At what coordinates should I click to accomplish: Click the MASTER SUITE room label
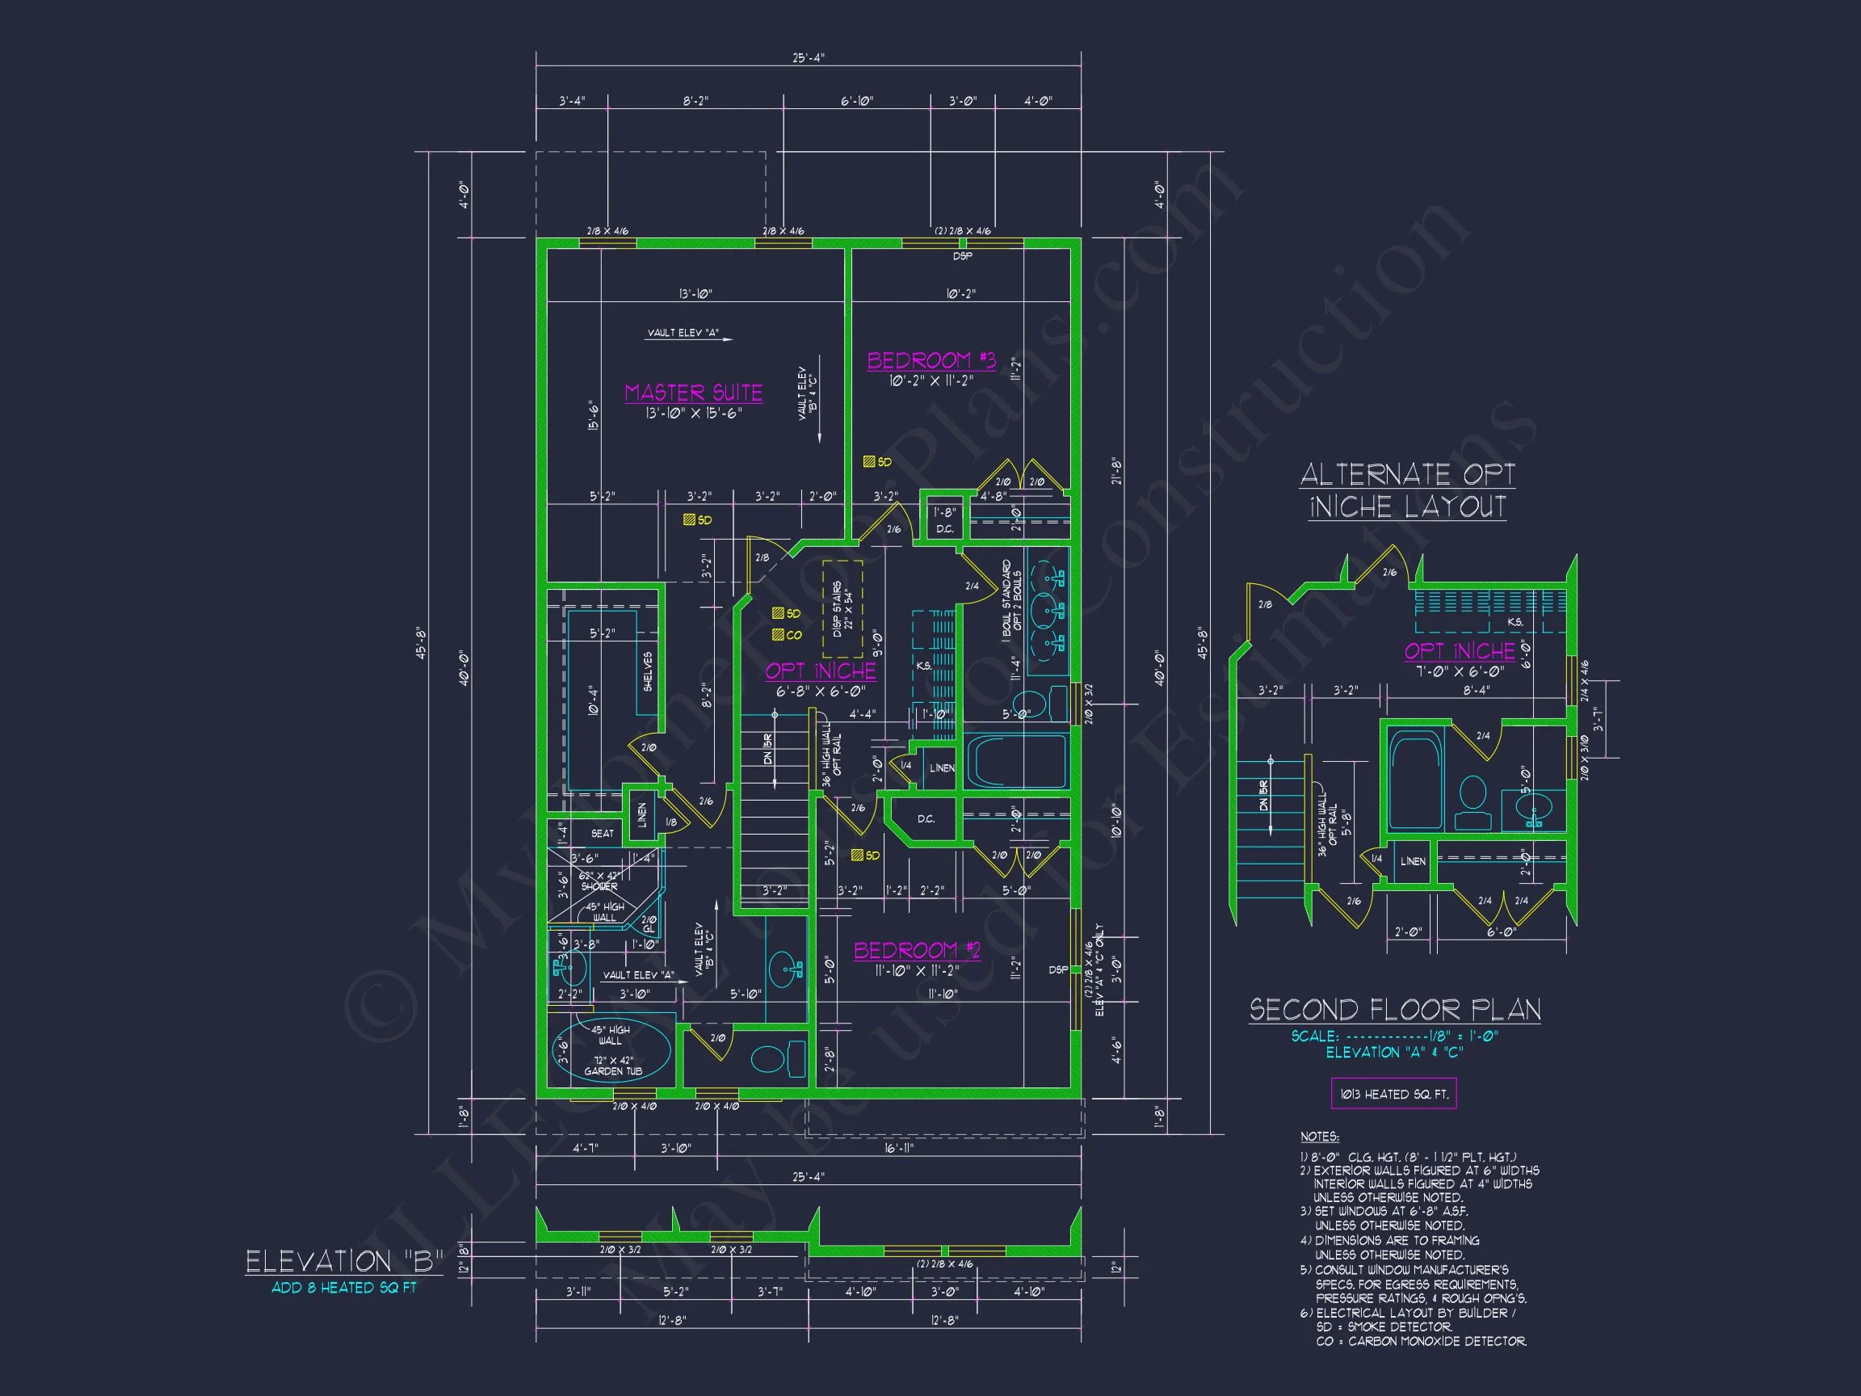693,392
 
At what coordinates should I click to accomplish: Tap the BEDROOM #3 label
931,360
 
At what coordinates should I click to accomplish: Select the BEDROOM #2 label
917,950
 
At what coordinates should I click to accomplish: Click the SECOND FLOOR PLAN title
1394,1010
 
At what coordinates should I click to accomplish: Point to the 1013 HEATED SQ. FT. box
1393,1094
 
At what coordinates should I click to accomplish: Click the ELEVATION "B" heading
344,1260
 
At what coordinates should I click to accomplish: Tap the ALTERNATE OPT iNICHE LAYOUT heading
1407,490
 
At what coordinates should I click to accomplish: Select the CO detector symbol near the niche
779,635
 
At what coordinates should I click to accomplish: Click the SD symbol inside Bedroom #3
869,461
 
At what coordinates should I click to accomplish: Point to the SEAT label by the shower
602,833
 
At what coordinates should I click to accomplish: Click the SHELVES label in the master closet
648,671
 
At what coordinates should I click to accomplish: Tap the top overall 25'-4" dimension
808,58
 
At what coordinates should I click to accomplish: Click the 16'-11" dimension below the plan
899,1148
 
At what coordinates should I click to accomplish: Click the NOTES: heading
1319,1136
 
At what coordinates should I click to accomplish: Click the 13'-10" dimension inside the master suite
695,294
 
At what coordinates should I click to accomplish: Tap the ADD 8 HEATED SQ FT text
344,1288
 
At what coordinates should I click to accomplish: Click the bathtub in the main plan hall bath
1016,762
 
